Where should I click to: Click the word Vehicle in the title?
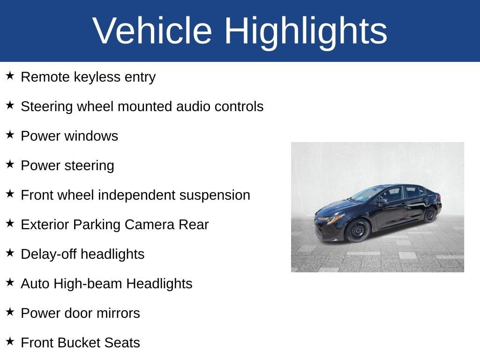tap(152, 30)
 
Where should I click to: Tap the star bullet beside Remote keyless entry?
tap(10, 75)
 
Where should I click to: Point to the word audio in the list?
tap(193, 106)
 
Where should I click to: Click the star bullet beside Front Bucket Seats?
tap(10, 341)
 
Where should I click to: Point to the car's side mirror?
tap(383, 202)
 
